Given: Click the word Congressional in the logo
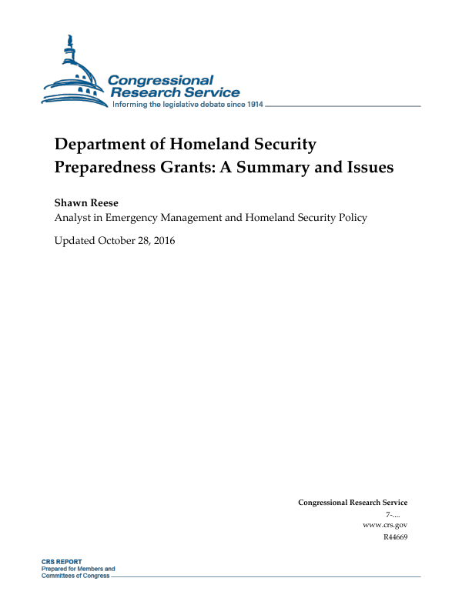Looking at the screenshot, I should pos(160,80).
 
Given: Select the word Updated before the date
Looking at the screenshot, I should pos(75,241).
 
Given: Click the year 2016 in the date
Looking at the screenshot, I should pos(163,241).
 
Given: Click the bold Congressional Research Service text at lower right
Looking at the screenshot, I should pos(352,503).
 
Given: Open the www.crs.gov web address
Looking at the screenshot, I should pos(384,525).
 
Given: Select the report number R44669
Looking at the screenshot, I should pos(394,536).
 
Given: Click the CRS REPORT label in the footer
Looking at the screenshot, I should pos(62,562).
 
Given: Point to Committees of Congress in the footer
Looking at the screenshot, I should pos(75,576).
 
